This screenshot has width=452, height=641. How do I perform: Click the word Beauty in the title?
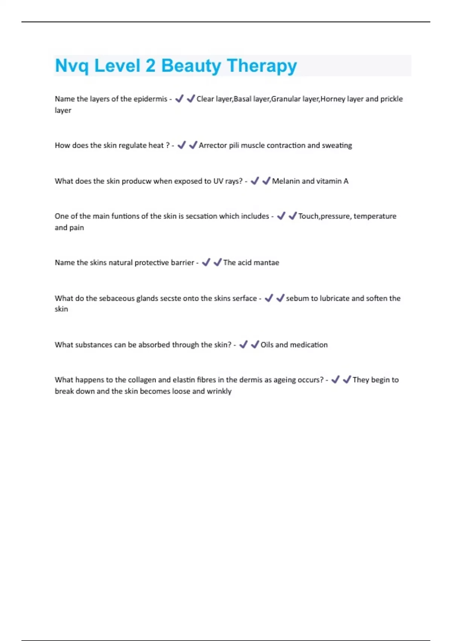pos(191,66)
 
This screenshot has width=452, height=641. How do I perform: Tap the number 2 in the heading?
pos(150,66)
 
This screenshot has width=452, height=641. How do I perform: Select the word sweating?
pos(337,146)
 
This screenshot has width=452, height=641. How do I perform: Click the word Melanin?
pos(286,181)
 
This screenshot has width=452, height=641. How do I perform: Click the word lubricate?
pos(334,299)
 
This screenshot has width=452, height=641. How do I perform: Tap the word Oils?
pos(267,345)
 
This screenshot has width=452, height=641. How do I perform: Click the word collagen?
pos(142,380)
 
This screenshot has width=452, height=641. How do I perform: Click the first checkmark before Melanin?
pos(255,181)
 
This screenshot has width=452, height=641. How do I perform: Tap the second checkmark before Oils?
pos(255,345)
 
